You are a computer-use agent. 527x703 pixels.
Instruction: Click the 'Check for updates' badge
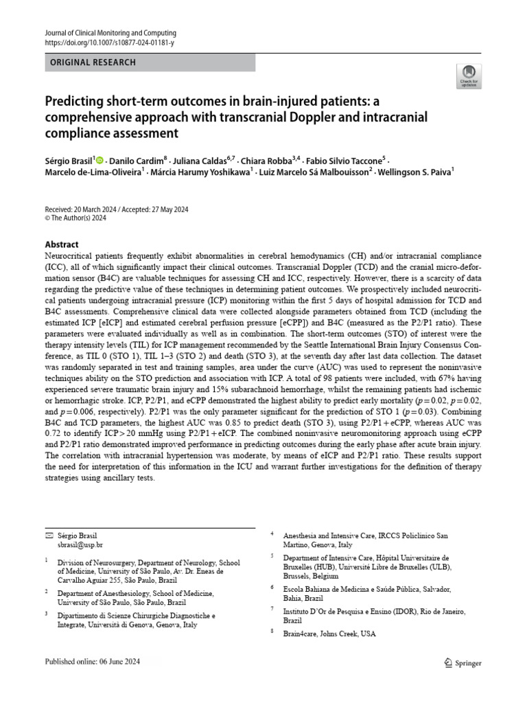pos(469,75)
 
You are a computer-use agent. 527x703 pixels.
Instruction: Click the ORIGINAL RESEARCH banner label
pos(93,62)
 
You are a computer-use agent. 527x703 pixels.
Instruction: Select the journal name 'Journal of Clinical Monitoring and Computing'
pos(110,32)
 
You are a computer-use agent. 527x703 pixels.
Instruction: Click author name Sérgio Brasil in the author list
pos(69,159)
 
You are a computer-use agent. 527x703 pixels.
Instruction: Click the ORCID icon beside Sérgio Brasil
pos(99,159)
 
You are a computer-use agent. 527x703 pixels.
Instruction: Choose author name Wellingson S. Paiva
pos(414,172)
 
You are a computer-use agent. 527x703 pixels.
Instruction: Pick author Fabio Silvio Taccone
pos(351,159)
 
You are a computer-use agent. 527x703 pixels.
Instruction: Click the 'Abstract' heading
pos(62,244)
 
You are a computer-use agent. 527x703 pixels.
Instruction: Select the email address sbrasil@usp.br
pos(80,544)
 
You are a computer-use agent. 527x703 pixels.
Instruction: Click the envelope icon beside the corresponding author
pos(48,534)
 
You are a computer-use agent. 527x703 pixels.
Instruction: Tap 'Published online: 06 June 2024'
pos(102,662)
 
